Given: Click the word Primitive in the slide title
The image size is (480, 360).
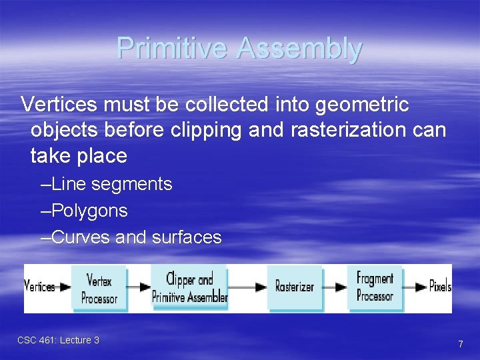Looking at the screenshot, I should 172,49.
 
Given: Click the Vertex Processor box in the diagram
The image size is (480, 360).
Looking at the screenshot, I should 99,288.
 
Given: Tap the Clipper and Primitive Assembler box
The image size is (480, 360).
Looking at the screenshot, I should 190,287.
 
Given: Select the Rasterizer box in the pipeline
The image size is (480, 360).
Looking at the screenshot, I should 294,287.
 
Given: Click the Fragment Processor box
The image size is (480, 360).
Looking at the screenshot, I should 375,287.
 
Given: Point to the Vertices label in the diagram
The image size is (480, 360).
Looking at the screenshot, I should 40,287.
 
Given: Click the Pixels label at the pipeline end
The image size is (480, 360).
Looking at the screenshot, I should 440,287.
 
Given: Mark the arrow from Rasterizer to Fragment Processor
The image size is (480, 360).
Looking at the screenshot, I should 335,287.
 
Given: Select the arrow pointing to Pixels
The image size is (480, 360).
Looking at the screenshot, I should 415,287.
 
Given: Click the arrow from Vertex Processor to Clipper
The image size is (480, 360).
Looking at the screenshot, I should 139,287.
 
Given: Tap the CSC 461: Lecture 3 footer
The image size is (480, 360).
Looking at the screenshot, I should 58,340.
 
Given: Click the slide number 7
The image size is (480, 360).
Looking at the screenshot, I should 460,344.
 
